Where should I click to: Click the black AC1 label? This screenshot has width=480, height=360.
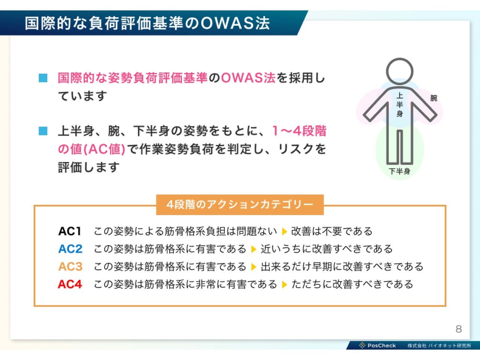[x=70, y=231]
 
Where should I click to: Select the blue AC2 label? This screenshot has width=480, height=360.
[x=70, y=249]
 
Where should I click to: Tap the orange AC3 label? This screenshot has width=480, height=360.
[x=70, y=267]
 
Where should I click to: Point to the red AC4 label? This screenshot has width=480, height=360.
[x=70, y=284]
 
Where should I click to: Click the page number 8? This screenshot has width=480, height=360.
[x=459, y=329]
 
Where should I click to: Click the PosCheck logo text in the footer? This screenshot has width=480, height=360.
[x=382, y=346]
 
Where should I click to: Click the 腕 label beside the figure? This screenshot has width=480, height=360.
[x=433, y=98]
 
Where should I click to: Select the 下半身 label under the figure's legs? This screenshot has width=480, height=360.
[x=399, y=171]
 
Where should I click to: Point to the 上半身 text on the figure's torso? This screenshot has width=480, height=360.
[x=399, y=105]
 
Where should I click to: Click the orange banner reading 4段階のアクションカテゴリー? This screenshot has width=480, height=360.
[x=240, y=205]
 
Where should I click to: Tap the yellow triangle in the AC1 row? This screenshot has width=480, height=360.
[x=284, y=231]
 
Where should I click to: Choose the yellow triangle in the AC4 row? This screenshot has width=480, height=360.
[x=284, y=284]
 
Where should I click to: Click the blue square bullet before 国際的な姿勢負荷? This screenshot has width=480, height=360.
[x=43, y=78]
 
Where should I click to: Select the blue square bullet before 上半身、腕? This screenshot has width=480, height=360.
[x=43, y=131]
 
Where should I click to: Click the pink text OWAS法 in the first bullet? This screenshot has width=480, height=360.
[x=248, y=78]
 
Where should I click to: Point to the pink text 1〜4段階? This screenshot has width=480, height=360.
[x=299, y=131]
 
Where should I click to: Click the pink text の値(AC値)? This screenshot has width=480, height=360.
[x=91, y=149]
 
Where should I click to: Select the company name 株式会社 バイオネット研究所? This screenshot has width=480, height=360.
[x=439, y=346]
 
